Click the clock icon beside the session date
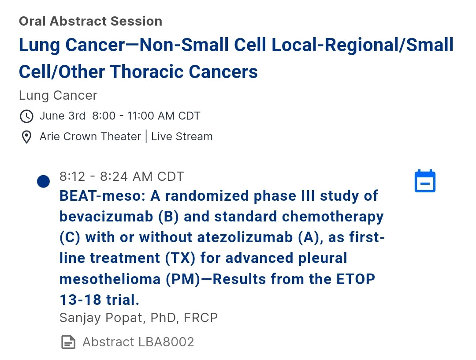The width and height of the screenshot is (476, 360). [x=26, y=116]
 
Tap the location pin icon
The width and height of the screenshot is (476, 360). [x=26, y=137]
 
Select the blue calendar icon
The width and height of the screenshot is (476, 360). [x=425, y=181]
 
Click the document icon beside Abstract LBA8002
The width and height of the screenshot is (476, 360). [x=68, y=342]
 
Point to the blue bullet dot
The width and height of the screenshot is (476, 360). [x=43, y=181]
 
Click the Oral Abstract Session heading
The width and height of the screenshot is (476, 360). [x=90, y=21]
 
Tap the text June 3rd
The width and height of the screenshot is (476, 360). [x=63, y=116]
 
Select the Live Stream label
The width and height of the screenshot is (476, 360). [x=182, y=137]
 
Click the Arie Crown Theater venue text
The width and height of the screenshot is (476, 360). [x=90, y=137]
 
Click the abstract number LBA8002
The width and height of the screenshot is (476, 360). [x=166, y=342]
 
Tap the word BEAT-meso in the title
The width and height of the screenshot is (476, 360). [x=102, y=196]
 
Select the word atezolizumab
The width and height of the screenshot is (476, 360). [x=245, y=237]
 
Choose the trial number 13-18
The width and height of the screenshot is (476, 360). [x=80, y=300]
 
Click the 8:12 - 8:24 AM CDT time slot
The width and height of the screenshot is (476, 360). [x=122, y=176]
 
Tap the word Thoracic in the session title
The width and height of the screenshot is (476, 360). [x=147, y=72]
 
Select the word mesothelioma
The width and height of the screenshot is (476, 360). [x=110, y=279]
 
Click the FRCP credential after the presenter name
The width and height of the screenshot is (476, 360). [x=201, y=318]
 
